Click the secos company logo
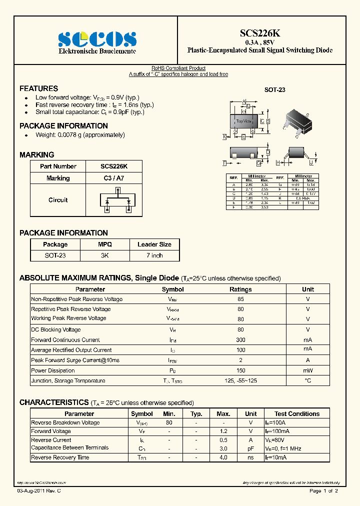point(97,39)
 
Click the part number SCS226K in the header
point(260,33)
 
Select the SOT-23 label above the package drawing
point(274,90)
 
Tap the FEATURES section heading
point(38,88)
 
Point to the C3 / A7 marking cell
point(114,178)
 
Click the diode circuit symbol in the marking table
point(117,200)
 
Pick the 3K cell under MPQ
point(104,255)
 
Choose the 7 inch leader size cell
point(154,255)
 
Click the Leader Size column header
point(154,244)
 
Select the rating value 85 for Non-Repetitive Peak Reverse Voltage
point(240,299)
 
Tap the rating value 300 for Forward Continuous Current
point(240,340)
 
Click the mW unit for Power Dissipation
point(307,370)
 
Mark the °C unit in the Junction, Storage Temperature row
point(307,381)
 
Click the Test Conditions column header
point(297,414)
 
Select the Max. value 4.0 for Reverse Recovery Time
point(223,457)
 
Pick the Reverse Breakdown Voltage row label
point(65,423)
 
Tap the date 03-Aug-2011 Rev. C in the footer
point(39,491)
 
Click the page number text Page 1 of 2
point(323,491)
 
